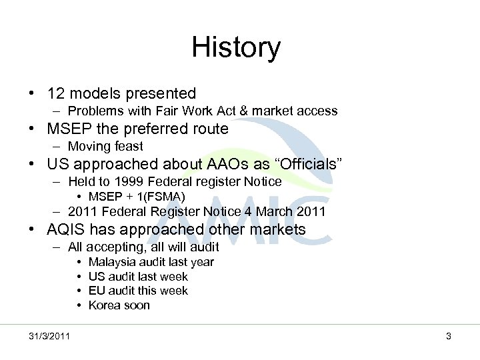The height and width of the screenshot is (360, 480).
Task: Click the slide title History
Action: pyautogui.click(x=236, y=48)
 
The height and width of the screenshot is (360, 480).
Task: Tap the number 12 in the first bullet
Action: pyautogui.click(x=56, y=93)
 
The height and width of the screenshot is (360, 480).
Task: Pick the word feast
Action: pyautogui.click(x=127, y=145)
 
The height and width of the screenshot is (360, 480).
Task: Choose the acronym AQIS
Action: pyautogui.click(x=68, y=230)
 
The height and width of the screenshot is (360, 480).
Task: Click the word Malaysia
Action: pyautogui.click(x=111, y=262)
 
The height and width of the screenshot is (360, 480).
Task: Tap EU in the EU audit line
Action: pyautogui.click(x=96, y=291)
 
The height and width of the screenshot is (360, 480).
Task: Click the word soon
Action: pyautogui.click(x=136, y=305)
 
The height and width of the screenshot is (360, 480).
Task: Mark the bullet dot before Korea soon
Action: pyautogui.click(x=79, y=305)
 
